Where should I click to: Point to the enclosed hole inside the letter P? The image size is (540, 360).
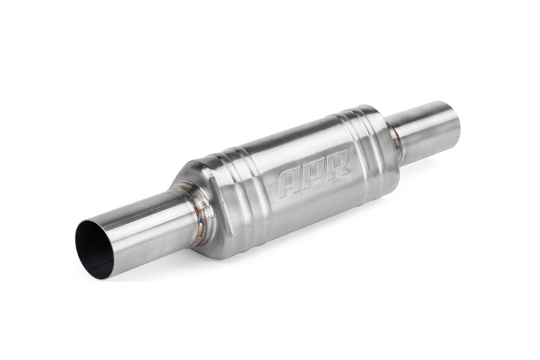pos(315,170)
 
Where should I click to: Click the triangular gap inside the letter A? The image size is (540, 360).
pos(288,181)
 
